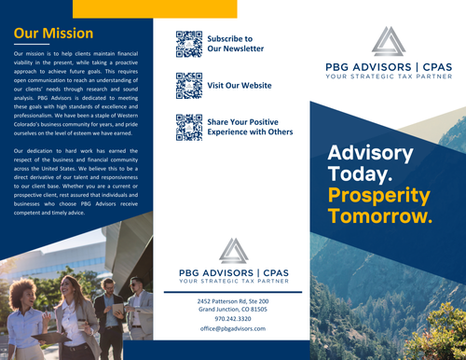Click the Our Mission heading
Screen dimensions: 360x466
pos(53,35)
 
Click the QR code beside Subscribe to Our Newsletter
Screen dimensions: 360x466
pos(189,44)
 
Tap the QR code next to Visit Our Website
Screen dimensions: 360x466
pos(189,85)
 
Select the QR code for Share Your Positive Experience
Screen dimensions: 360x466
pos(189,127)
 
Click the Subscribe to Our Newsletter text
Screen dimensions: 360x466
pos(235,43)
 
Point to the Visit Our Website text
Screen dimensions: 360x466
pos(239,85)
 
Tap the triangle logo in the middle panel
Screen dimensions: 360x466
pos(233,250)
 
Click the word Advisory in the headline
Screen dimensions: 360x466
pos(372,153)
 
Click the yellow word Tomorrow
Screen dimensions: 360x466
pos(380,217)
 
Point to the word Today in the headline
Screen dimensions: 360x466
pos(361,174)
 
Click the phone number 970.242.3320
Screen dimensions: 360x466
pos(232,319)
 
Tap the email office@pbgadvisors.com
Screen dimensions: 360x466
pos(232,329)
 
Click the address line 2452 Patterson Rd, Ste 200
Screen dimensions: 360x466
pos(232,301)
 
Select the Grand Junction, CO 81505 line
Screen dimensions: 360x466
pos(232,310)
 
